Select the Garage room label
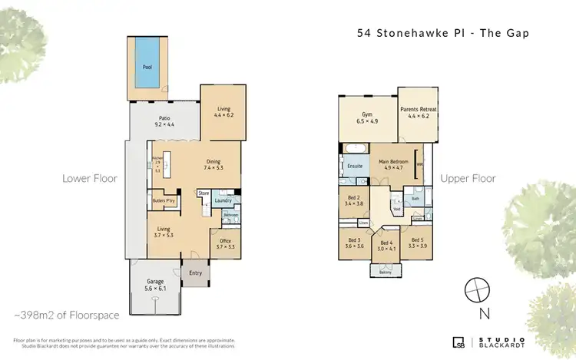tap(155, 284)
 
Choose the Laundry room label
tap(223, 201)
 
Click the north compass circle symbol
tap(477, 289)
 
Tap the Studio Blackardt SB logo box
tap(458, 342)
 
